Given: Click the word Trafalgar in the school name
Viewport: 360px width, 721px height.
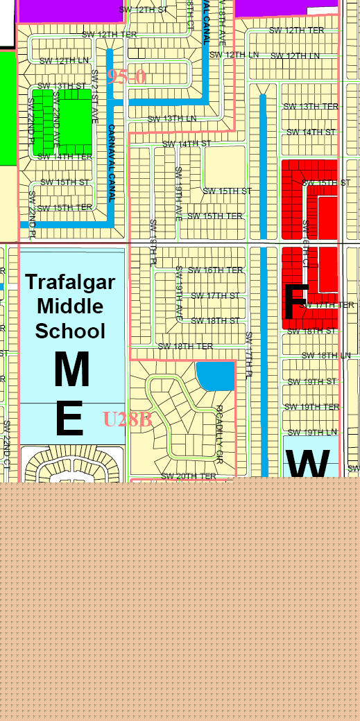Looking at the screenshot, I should (x=70, y=283).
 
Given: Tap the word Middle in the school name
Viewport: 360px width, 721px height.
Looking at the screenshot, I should (x=70, y=306).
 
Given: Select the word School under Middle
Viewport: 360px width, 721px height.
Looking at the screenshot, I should (x=70, y=330).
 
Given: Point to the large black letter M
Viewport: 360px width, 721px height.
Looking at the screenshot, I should (x=71, y=370).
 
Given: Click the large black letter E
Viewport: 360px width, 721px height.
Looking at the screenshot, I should (x=69, y=419).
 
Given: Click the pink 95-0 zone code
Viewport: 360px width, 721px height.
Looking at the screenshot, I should (x=126, y=77).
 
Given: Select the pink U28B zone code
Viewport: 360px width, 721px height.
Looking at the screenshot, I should (x=127, y=419).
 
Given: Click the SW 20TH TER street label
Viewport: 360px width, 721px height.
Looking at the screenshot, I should (x=189, y=476).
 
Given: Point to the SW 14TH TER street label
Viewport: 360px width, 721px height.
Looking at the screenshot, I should (x=65, y=157).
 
